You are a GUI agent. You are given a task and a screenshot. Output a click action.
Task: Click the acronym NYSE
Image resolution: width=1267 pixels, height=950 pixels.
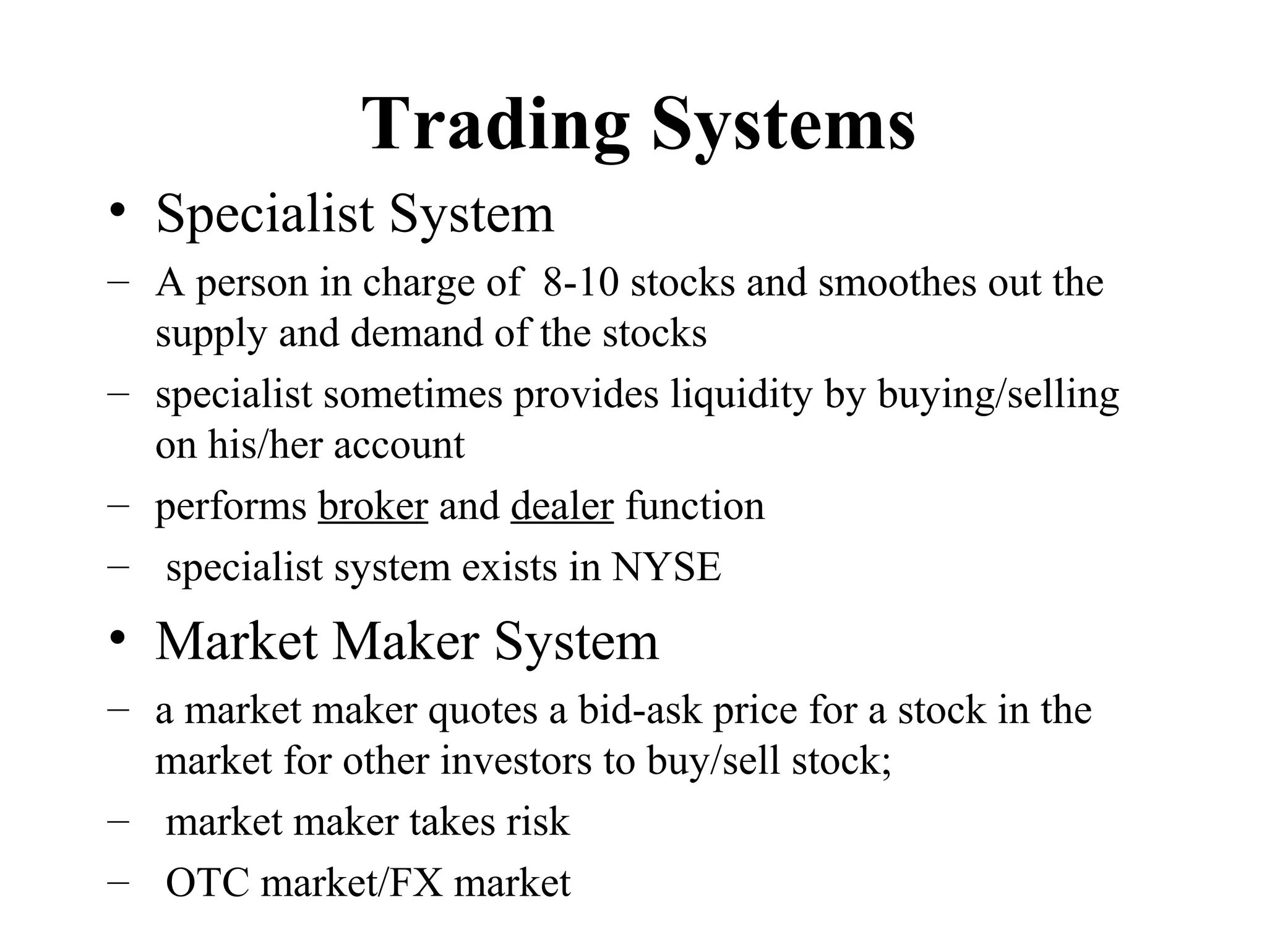[666, 567]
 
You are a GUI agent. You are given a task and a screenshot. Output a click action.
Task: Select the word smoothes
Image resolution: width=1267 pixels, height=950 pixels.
[897, 283]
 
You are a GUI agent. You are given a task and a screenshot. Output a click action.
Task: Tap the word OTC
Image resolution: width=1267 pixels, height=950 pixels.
[208, 883]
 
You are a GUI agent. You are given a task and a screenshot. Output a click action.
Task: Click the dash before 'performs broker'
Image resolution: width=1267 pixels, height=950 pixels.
[117, 505]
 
